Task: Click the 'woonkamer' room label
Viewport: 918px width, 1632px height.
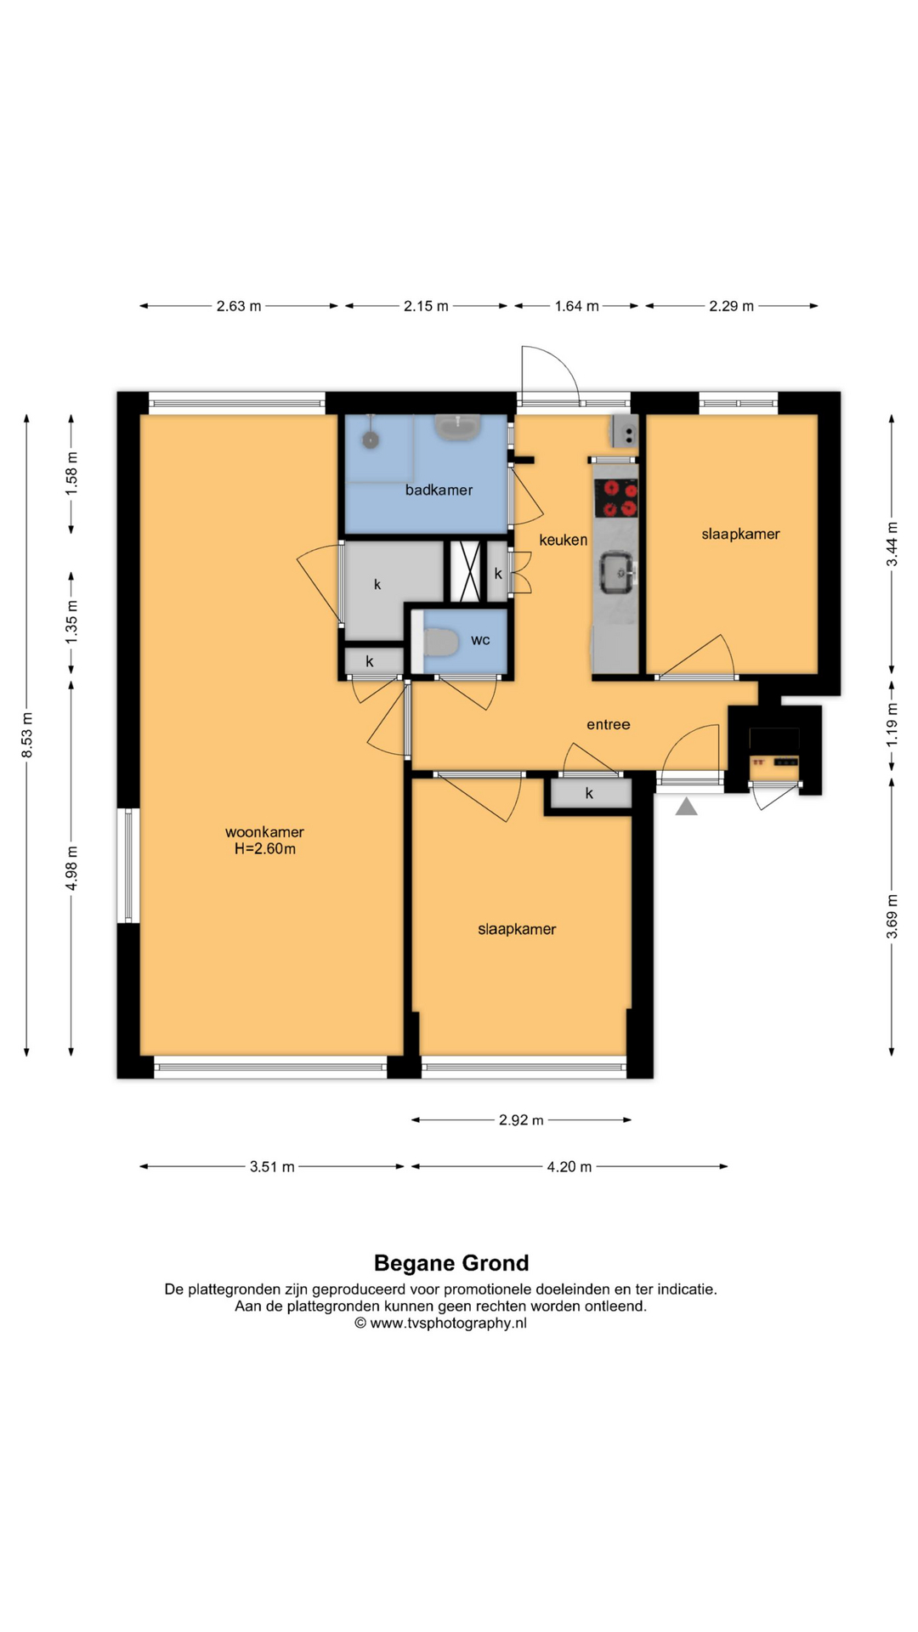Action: [264, 832]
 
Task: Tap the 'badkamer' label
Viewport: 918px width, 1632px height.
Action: [439, 490]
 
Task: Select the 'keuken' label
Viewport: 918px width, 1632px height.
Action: [563, 540]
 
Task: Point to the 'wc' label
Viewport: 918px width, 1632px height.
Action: [480, 640]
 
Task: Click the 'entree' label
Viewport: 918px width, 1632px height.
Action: [609, 724]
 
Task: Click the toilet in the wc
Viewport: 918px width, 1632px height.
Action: [439, 642]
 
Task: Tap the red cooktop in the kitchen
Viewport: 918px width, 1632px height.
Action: [615, 498]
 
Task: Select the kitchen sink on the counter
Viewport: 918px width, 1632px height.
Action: [618, 572]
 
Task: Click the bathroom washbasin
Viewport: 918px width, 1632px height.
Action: [458, 427]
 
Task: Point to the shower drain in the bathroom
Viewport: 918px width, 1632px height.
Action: [370, 440]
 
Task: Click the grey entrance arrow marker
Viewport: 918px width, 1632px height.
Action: [687, 806]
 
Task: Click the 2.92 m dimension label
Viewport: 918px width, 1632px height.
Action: [521, 1120]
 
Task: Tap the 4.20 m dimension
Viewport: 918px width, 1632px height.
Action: [569, 1167]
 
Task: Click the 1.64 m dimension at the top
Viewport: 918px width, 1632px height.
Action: [576, 306]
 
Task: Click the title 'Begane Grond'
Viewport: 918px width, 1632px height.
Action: [451, 1263]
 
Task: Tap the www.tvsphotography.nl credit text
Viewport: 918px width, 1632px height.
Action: [441, 1323]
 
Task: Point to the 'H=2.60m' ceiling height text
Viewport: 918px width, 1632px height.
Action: [265, 849]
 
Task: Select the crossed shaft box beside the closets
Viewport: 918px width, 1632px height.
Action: [465, 571]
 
